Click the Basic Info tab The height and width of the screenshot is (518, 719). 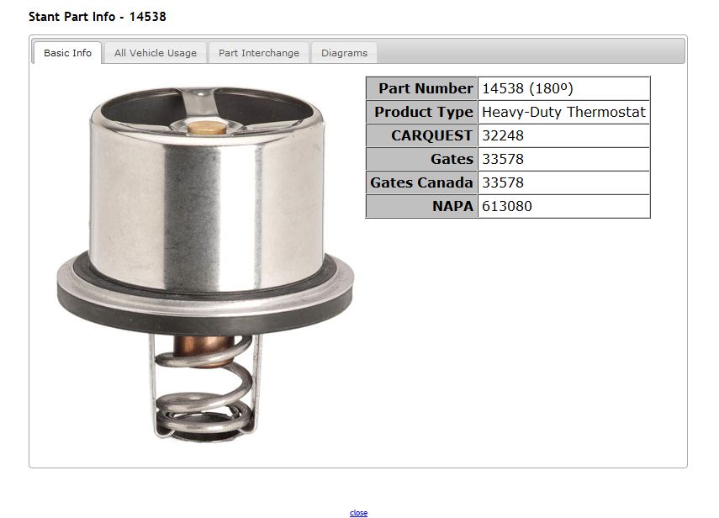pos(67,53)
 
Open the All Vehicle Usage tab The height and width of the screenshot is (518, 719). pos(156,53)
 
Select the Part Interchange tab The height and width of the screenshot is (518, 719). pos(259,53)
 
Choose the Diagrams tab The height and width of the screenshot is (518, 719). pos(345,53)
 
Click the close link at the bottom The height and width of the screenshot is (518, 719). pos(358,512)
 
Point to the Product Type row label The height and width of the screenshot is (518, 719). pos(422,112)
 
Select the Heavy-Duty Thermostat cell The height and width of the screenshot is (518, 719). pos(563,112)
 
